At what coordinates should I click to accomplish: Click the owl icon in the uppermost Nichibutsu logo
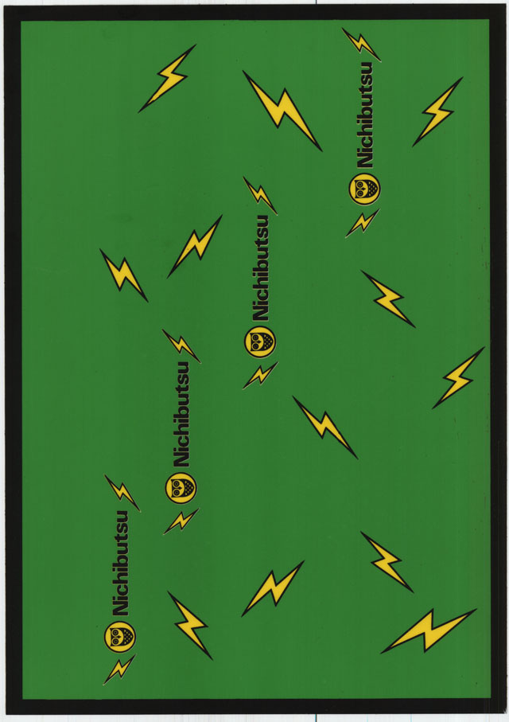(365, 189)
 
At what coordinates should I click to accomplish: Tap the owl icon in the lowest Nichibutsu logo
(120, 636)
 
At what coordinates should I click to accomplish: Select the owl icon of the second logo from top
(260, 341)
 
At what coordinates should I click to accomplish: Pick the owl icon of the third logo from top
(181, 487)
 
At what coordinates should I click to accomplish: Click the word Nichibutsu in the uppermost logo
(364, 115)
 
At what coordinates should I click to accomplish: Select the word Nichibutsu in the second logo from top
(260, 267)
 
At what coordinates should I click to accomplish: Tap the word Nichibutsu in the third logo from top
(181, 413)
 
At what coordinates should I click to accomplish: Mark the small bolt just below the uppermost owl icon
(362, 223)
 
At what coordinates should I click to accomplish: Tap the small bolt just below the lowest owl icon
(119, 669)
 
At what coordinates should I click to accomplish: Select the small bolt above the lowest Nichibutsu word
(122, 493)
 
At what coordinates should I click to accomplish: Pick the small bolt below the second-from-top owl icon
(260, 375)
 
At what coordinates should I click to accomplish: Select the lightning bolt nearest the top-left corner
(168, 78)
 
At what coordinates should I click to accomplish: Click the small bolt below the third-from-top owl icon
(181, 521)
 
